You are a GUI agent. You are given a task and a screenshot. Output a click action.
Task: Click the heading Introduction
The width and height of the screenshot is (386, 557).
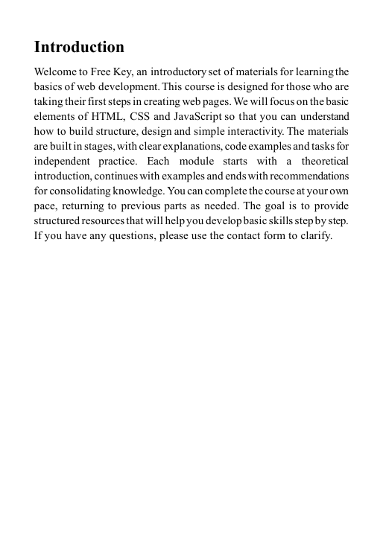click(79, 48)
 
